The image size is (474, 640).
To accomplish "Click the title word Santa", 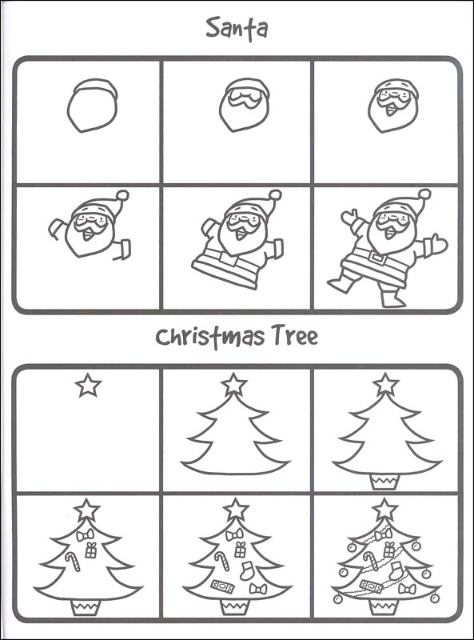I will [237, 30].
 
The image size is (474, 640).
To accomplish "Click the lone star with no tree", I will [88, 386].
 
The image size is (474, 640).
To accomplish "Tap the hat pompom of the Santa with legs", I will [424, 194].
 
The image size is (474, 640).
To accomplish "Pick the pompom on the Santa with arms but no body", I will [122, 195].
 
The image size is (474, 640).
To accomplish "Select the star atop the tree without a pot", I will [234, 384].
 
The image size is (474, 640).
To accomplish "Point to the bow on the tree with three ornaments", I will [85, 534].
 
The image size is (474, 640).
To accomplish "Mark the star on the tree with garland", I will [385, 510].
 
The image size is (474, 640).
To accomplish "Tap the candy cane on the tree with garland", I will [370, 561].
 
